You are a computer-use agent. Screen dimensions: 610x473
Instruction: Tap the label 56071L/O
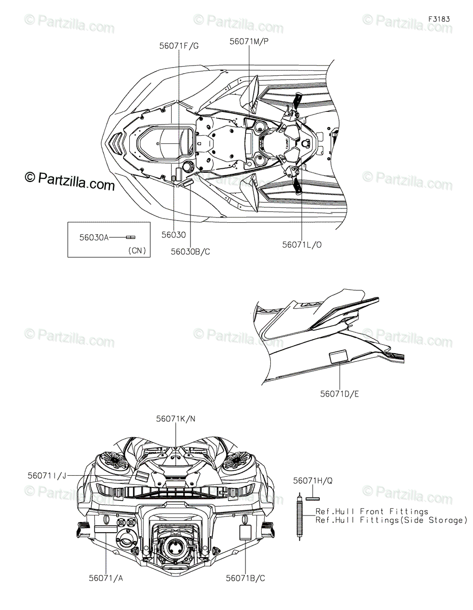click(x=302, y=245)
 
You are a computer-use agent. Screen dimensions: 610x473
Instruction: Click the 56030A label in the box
click(x=94, y=237)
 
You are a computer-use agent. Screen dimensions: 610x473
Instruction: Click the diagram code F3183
click(x=439, y=19)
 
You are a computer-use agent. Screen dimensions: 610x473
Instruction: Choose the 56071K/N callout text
click(x=176, y=418)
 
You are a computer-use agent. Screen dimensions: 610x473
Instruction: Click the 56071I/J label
click(x=47, y=475)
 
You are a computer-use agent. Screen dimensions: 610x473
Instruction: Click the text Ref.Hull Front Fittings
click(x=372, y=511)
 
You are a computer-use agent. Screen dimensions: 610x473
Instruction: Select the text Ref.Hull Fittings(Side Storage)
click(x=391, y=520)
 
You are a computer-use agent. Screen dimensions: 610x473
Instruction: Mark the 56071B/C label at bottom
click(x=246, y=578)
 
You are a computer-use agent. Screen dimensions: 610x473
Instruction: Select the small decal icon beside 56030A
click(x=131, y=237)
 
